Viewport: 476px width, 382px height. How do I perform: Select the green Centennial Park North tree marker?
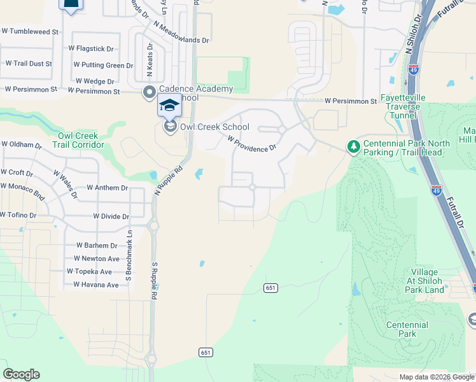353,147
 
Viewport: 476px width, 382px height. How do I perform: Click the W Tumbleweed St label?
30,31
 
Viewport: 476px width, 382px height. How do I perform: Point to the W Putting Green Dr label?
103,65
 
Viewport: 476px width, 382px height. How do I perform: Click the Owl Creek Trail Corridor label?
78,141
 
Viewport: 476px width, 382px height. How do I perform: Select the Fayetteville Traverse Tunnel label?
401,106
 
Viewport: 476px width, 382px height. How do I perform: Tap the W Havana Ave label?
95,285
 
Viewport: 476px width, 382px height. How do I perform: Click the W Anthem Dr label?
107,188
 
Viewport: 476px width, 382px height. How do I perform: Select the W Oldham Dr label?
21,145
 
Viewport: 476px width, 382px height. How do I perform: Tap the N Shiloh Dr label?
412,32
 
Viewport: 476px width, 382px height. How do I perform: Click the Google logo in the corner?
21,374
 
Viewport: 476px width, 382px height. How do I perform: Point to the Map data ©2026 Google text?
436,377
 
